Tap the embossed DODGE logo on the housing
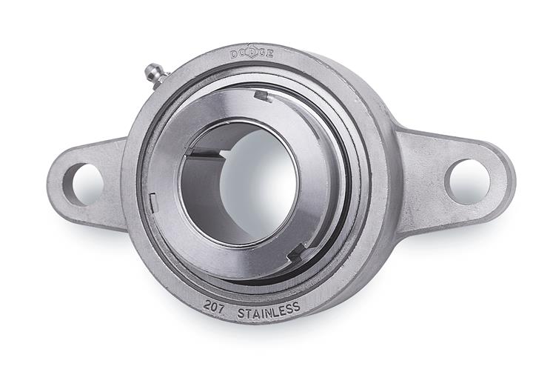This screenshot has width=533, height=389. (252, 54)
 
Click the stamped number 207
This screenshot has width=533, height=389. (214, 307)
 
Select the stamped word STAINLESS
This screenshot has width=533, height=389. (269, 310)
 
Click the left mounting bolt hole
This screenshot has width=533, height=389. (83, 184)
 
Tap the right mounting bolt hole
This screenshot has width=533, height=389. (469, 182)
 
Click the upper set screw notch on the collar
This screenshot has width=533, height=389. (263, 96)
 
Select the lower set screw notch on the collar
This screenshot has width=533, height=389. (296, 253)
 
